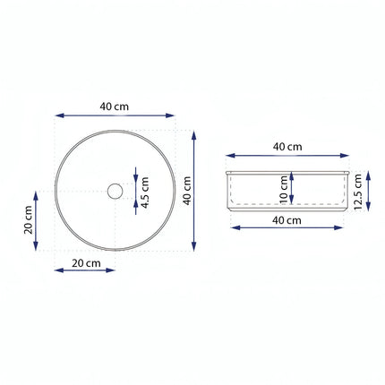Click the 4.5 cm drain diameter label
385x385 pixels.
pyautogui.click(x=145, y=192)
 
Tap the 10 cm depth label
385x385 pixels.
pyautogui.click(x=284, y=190)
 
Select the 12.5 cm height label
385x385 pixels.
pyautogui.click(x=358, y=192)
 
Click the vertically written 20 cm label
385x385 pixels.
pyautogui.click(x=29, y=219)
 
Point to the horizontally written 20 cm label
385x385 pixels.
pyautogui.click(x=86, y=263)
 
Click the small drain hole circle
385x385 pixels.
pyautogui.click(x=115, y=191)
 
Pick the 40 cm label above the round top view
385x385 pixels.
pyautogui.click(x=115, y=107)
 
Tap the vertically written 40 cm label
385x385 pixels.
pyautogui.click(x=187, y=191)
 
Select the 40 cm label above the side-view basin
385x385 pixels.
pyautogui.click(x=287, y=147)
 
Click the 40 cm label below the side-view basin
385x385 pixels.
pyautogui.click(x=287, y=220)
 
